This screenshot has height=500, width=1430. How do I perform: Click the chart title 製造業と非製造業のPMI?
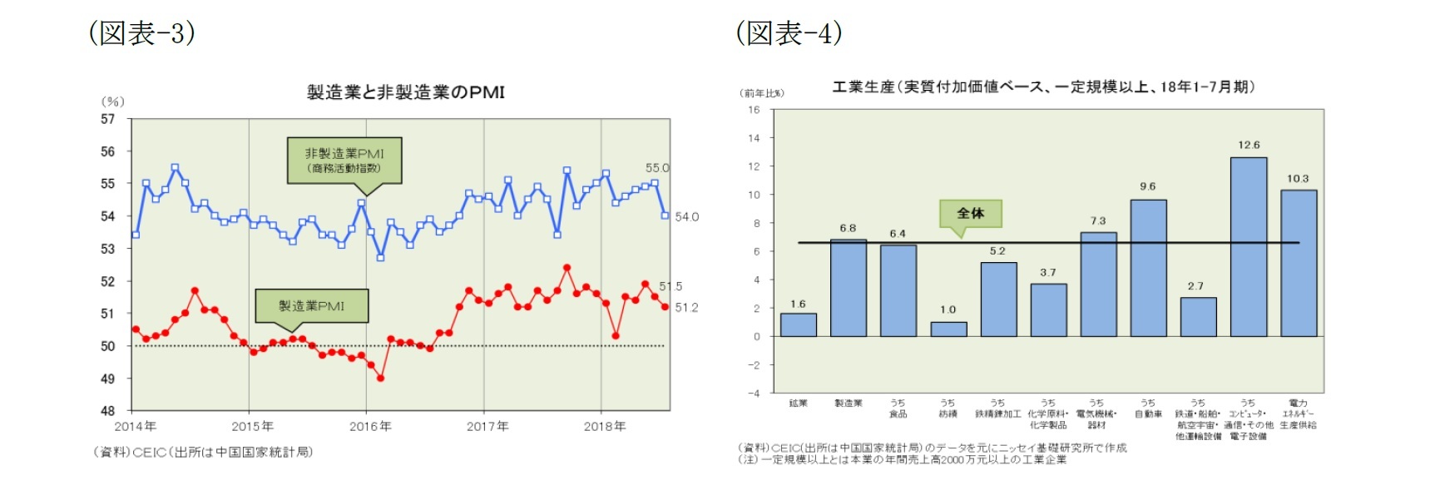click(x=405, y=92)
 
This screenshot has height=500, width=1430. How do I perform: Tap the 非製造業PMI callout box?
click(x=344, y=160)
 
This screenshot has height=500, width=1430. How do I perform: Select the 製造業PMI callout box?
click(x=311, y=305)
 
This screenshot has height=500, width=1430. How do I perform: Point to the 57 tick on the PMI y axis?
click(x=108, y=119)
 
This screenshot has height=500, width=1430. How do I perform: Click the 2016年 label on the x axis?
click(x=370, y=426)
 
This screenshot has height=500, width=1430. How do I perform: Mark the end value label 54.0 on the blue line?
click(x=686, y=217)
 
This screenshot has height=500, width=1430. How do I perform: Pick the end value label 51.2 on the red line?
click(x=686, y=308)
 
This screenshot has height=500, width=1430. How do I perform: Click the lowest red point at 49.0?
click(x=380, y=378)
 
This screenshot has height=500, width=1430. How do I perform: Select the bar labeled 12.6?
click(x=1248, y=247)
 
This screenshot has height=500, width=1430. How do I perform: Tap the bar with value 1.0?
click(x=948, y=329)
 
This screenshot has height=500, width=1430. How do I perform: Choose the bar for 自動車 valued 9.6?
click(x=1148, y=268)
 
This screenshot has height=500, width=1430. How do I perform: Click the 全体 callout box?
click(x=970, y=213)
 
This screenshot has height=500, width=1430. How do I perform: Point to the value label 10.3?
click(x=1298, y=179)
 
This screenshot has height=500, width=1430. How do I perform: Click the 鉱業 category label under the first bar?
click(x=798, y=403)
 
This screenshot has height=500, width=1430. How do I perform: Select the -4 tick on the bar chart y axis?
click(x=754, y=393)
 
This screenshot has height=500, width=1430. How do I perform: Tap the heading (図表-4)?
click(x=789, y=32)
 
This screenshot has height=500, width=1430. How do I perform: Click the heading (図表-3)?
click(x=142, y=32)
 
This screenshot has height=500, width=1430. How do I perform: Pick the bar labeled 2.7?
click(x=1198, y=317)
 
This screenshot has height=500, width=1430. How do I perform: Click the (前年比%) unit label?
click(x=761, y=93)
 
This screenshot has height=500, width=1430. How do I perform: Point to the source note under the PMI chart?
click(x=203, y=452)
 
